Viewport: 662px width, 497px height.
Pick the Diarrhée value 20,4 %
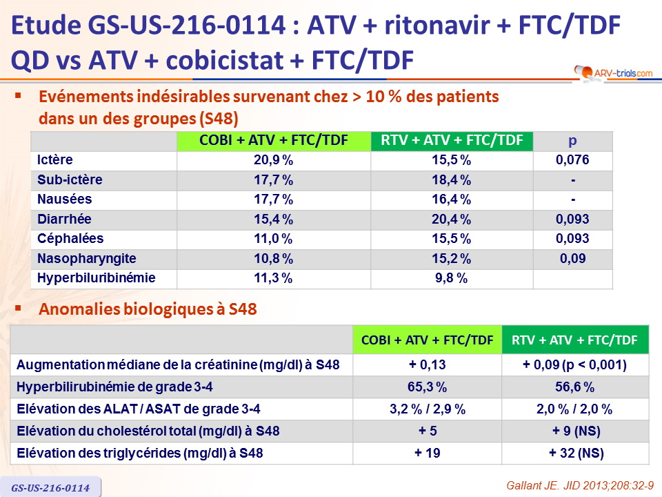(452, 219)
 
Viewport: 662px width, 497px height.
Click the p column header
(572, 141)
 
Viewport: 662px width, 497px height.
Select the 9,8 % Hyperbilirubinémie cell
(452, 278)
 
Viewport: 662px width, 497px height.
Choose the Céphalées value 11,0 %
(273, 238)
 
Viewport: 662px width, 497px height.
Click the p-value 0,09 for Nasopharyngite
(572, 258)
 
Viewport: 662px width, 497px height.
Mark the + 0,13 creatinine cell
(427, 365)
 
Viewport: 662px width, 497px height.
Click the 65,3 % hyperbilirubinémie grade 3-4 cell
(427, 387)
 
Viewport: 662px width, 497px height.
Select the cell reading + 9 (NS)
(574, 431)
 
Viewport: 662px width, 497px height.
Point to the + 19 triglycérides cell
(427, 454)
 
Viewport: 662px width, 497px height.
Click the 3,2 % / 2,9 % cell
(427, 409)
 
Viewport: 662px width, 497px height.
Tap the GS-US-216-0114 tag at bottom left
(51, 487)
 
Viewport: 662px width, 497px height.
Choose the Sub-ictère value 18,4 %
(452, 180)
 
